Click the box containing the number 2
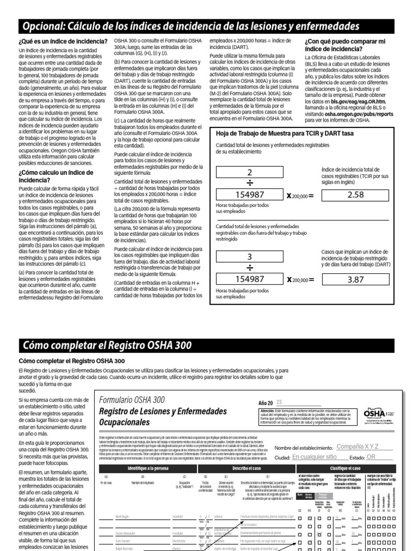pyautogui.click(x=249, y=173)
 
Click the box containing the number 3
pyautogui.click(x=249, y=257)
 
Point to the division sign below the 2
pyautogui.click(x=249, y=183)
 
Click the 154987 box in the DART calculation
pyautogui.click(x=249, y=279)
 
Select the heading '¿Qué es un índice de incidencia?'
pyautogui.click(x=63, y=41)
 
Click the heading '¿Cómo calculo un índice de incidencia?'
pyautogui.click(x=55, y=176)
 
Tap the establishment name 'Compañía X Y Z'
pyautogui.click(x=357, y=447)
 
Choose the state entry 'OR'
pyautogui.click(x=371, y=457)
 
